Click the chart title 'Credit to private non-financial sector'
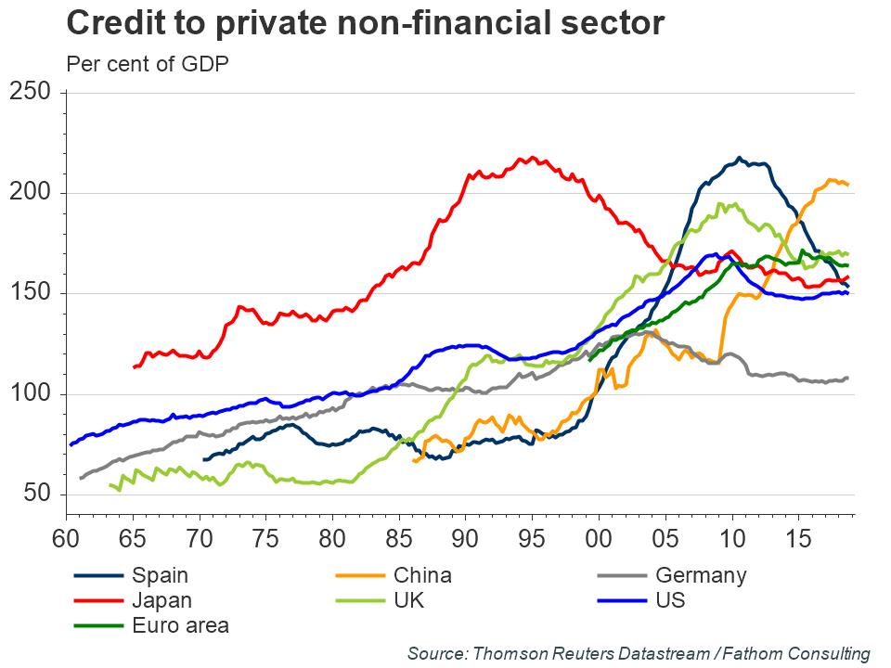pos(366,23)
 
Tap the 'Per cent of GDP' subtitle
pos(148,64)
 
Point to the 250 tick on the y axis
pos(32,93)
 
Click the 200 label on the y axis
pos(32,193)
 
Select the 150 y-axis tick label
pos(32,294)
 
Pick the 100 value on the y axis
pos(32,395)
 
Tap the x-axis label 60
pos(66,538)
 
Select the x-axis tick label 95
pos(532,538)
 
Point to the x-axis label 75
pos(266,538)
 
